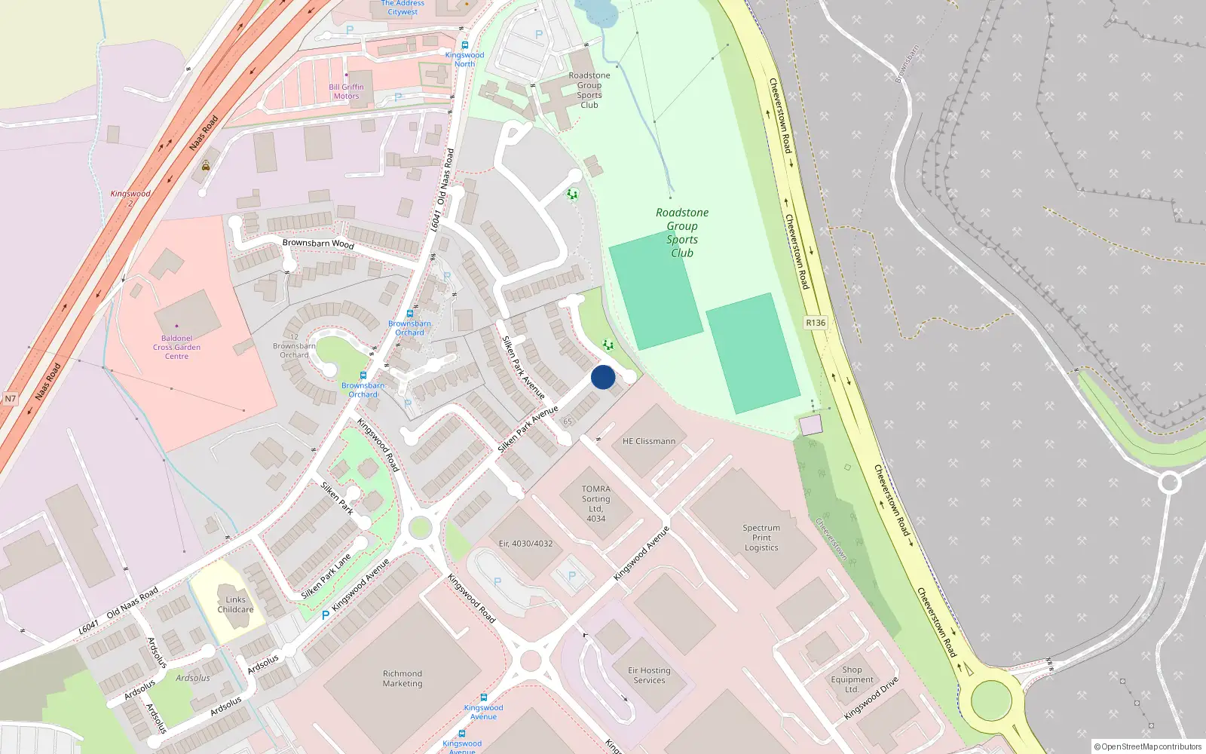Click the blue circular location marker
click(x=603, y=377)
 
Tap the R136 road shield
click(x=816, y=323)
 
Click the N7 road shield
click(x=10, y=398)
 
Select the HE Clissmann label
click(x=649, y=441)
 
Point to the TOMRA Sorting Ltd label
click(x=595, y=504)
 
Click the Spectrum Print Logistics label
click(x=761, y=538)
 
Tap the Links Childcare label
click(x=235, y=605)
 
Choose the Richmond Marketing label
click(x=403, y=679)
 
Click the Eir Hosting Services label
click(x=649, y=675)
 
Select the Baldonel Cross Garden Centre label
click(x=176, y=348)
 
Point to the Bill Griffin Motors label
click(x=346, y=91)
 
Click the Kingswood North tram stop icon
click(x=464, y=45)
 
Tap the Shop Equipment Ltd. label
click(x=852, y=679)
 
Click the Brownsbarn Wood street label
click(x=318, y=243)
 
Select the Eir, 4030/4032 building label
click(x=525, y=543)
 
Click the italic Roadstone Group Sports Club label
click(x=681, y=232)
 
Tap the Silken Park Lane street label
click(x=326, y=577)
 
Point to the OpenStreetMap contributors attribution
click(x=1147, y=746)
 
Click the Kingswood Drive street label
click(x=871, y=698)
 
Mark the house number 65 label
click(x=568, y=421)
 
